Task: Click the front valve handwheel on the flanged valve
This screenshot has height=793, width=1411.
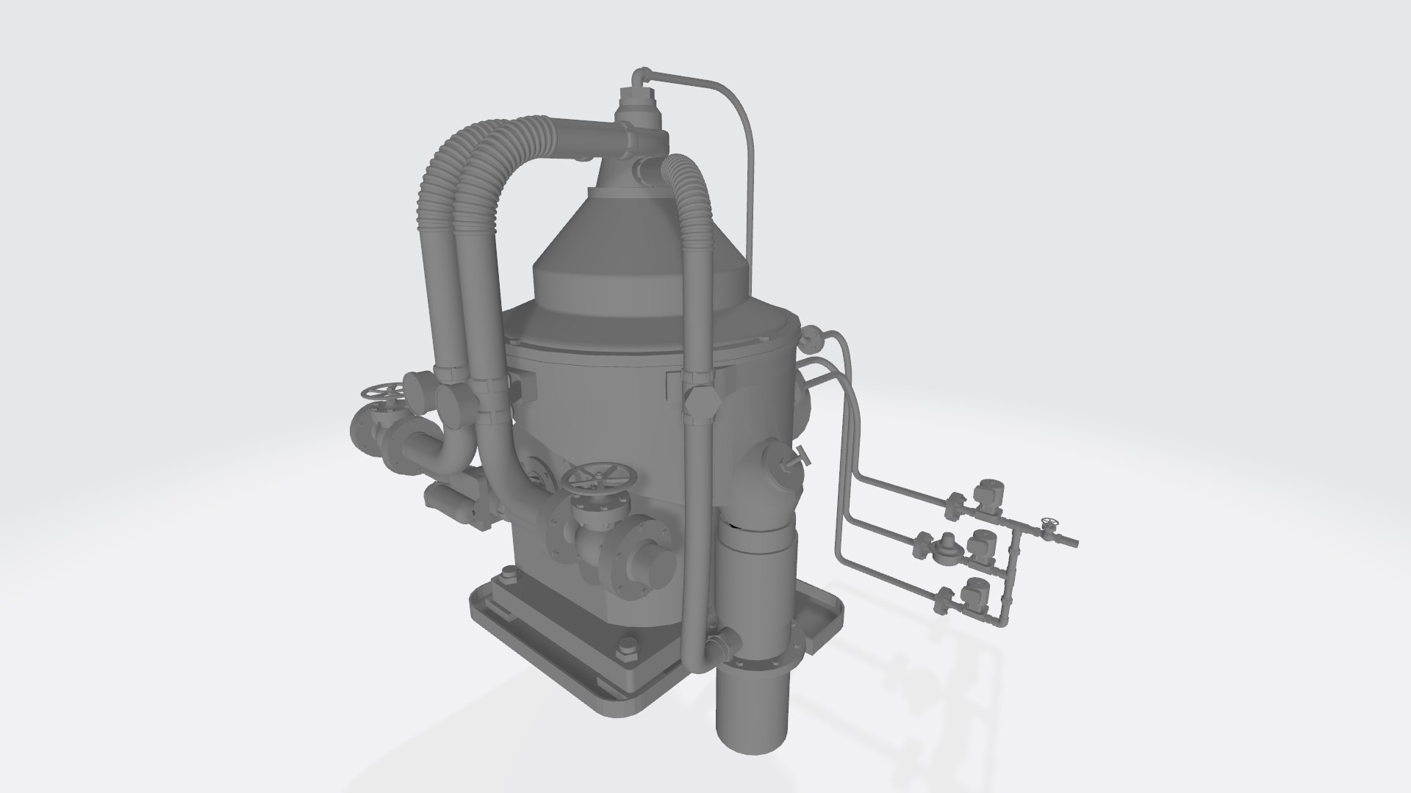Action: click(594, 480)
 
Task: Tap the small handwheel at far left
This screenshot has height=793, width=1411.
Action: click(379, 394)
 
